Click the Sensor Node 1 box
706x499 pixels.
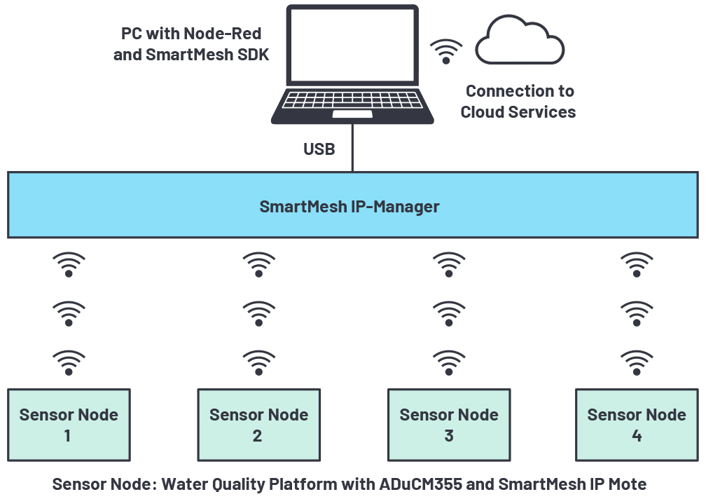[69, 425]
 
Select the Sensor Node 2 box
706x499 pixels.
[258, 425]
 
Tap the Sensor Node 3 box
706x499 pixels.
[449, 425]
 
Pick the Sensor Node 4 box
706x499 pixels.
[636, 425]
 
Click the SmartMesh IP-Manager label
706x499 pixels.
[349, 207]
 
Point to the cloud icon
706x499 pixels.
[520, 43]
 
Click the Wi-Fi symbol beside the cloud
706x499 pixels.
[446, 51]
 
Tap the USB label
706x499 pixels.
[319, 149]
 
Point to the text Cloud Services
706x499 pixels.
[518, 111]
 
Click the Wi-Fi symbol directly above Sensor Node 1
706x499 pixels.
[69, 362]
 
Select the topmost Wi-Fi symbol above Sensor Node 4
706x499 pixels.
[637, 264]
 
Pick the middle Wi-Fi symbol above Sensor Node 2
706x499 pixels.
[258, 313]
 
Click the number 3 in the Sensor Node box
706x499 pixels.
[449, 436]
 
